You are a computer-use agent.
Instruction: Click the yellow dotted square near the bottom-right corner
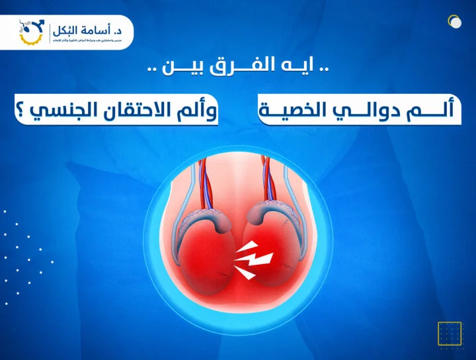click(x=450, y=334)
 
